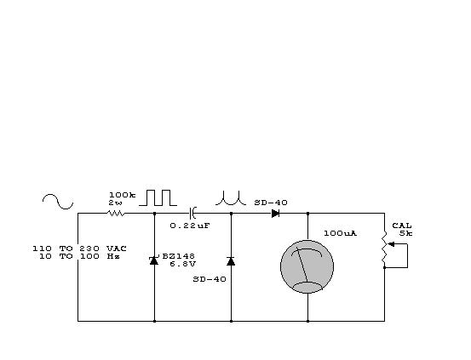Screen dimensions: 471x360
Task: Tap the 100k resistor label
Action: (123, 195)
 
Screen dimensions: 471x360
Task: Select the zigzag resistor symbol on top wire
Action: (116, 213)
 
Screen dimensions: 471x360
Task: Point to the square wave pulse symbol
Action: (158, 197)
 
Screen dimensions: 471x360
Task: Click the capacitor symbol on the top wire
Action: (192, 213)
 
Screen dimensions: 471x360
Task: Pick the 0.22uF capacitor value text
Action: (190, 226)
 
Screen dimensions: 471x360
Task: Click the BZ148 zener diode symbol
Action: (154, 260)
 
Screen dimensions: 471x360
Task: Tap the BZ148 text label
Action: (178, 256)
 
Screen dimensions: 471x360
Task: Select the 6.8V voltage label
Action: (182, 264)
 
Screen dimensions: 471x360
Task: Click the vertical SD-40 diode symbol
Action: (231, 261)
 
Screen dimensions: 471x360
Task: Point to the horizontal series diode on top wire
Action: (275, 214)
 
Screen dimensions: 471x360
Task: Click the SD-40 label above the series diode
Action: (271, 203)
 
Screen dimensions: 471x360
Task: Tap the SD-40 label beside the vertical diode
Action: (210, 279)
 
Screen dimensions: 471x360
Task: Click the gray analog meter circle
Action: (307, 266)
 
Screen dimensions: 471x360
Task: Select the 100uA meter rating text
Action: (341, 233)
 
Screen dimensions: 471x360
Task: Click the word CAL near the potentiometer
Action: (402, 226)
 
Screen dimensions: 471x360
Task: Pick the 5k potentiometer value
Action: (405, 233)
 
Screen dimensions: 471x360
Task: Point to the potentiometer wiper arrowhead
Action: (391, 244)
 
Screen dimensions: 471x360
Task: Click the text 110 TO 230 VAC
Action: (79, 249)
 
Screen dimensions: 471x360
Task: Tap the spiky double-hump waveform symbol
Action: (231, 198)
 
